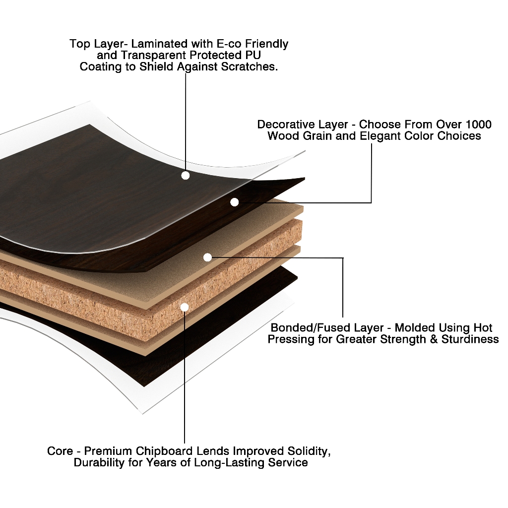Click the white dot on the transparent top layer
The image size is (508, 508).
coord(186,175)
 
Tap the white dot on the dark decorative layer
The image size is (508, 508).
coord(235,202)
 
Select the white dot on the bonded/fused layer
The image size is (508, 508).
coord(207,257)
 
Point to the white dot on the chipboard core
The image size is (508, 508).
coord(185,307)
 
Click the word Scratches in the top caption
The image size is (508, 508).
coord(252,66)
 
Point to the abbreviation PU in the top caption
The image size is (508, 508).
coord(254,55)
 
